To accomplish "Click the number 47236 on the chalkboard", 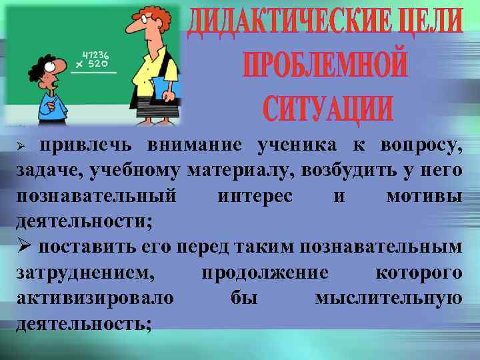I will click(95, 55).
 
